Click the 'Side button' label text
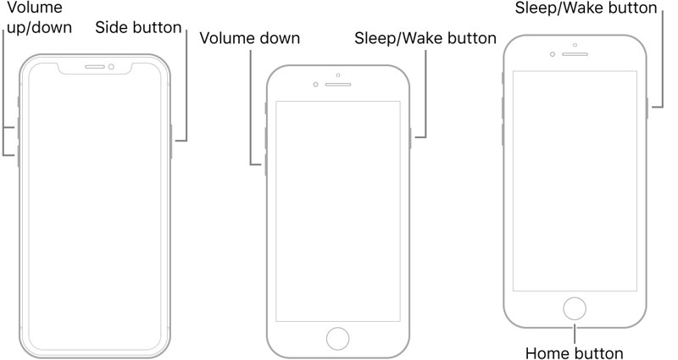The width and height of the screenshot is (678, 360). coord(138,28)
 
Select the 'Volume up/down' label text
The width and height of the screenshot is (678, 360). coord(36,17)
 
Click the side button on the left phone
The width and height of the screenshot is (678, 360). coord(172,141)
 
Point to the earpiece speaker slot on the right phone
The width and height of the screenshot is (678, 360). coord(575,53)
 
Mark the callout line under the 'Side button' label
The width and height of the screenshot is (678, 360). coord(186,85)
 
